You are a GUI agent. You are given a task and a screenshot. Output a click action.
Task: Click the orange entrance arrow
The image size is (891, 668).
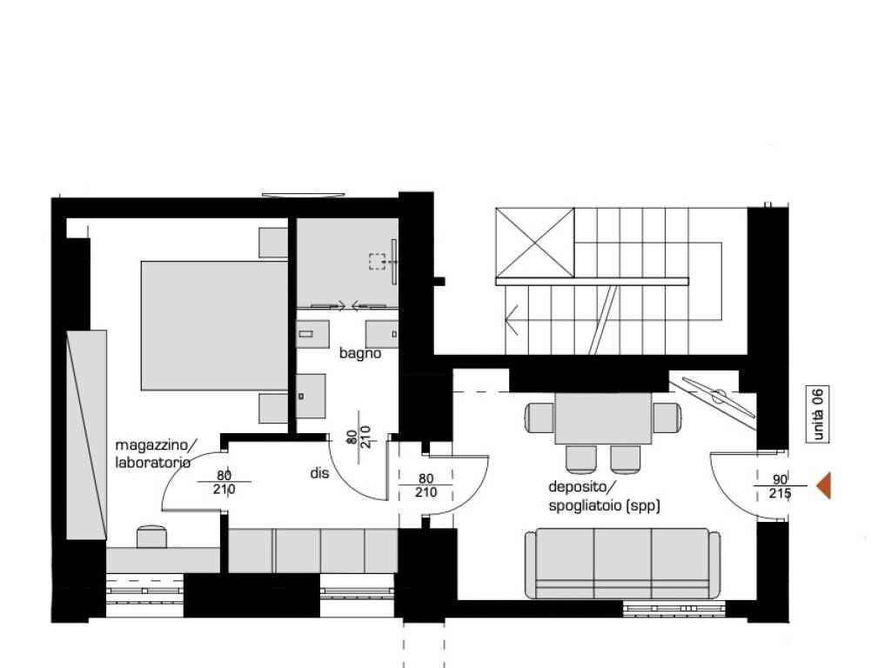(x=824, y=485)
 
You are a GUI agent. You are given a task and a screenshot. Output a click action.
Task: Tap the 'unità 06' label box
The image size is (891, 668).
(x=818, y=413)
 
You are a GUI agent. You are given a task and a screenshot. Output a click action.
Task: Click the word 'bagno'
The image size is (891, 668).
(x=359, y=353)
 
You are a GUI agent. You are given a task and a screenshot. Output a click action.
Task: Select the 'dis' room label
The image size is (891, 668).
(x=319, y=472)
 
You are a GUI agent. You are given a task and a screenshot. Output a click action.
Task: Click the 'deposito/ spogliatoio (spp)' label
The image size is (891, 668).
(x=604, y=496)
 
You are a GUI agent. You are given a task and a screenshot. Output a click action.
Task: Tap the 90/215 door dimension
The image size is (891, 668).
(x=780, y=487)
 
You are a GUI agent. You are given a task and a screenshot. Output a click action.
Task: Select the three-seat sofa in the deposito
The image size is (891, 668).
(x=622, y=563)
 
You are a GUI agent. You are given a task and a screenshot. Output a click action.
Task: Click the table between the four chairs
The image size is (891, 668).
(x=604, y=418)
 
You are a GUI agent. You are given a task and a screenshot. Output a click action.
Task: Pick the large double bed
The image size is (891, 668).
(x=214, y=325)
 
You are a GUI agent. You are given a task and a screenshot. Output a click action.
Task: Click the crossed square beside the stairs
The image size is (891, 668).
(x=535, y=243)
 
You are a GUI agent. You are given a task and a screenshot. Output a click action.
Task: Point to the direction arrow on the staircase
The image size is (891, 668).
(x=511, y=320)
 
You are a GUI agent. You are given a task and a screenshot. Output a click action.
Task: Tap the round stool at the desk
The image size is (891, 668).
(x=151, y=537)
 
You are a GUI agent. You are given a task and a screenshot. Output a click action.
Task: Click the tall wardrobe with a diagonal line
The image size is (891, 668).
(x=86, y=435)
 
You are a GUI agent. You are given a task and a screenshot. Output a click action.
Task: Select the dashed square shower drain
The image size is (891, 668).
(x=377, y=261)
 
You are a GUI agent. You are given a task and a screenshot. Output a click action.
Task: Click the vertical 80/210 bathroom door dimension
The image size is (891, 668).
(x=359, y=437)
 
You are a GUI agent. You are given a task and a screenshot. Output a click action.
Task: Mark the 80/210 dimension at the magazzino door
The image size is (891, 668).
(x=224, y=482)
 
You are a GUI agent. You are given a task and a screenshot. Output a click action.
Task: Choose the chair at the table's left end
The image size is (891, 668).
(x=539, y=417)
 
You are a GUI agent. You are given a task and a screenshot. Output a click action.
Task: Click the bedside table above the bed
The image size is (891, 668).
(x=273, y=243)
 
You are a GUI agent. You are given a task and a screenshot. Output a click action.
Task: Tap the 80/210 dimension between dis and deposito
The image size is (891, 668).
(x=425, y=485)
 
